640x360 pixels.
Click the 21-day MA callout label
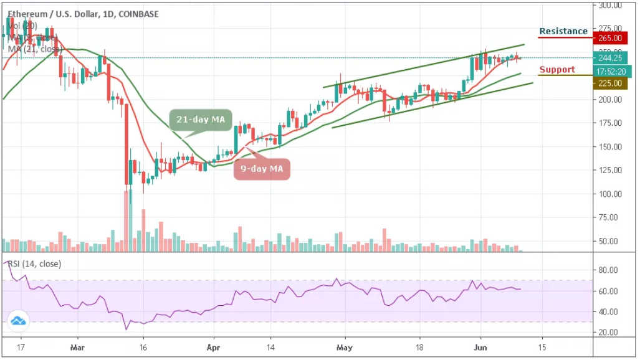pyautogui.click(x=199, y=119)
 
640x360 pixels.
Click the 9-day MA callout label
pyautogui.click(x=262, y=168)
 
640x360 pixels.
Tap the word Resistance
pyautogui.click(x=563, y=31)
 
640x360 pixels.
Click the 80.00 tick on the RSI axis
pyautogui.click(x=608, y=270)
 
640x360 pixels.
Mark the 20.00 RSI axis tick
pyautogui.click(x=608, y=333)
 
